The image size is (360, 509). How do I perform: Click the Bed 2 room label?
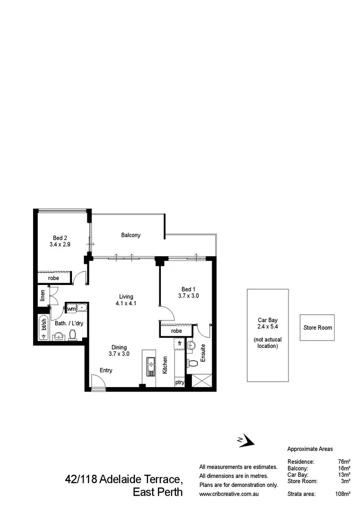click(60, 241)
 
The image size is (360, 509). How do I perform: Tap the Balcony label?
click(131, 235)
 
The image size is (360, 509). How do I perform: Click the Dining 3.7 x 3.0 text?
click(120, 351)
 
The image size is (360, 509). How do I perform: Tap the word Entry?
click(106, 370)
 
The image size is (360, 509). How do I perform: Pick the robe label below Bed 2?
click(54, 278)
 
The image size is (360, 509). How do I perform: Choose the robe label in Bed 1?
click(176, 331)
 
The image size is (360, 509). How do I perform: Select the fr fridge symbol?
click(180, 343)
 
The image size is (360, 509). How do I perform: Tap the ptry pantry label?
click(180, 382)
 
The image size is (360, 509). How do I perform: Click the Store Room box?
click(317, 328)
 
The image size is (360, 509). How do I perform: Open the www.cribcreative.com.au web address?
click(229, 493)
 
